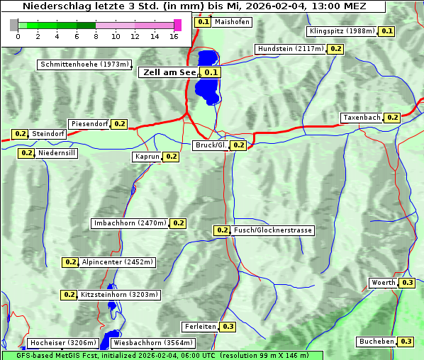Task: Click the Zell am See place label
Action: (169, 72)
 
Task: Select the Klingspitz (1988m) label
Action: (342, 31)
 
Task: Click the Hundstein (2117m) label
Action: (291, 49)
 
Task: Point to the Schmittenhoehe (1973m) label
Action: (84, 64)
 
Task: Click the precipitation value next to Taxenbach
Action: (392, 117)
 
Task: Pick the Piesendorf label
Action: (89, 124)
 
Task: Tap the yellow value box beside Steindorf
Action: (20, 134)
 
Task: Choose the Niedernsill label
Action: (57, 152)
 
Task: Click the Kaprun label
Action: (147, 157)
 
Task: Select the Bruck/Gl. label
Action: (211, 145)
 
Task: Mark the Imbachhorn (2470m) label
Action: (130, 223)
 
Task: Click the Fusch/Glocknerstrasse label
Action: (272, 230)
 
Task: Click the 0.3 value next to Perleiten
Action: (228, 327)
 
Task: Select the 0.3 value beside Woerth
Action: (407, 283)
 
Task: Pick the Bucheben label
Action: (376, 342)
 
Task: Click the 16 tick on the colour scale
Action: (174, 36)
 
